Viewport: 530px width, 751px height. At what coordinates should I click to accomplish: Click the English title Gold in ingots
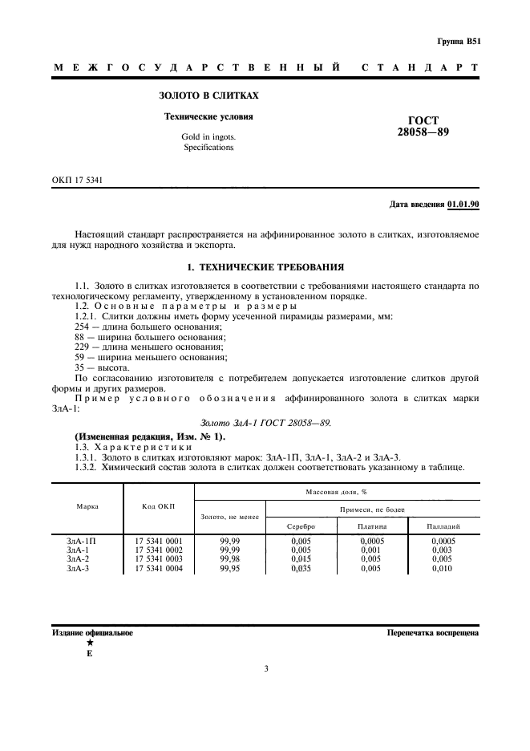point(208,137)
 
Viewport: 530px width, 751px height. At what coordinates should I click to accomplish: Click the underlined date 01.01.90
point(463,205)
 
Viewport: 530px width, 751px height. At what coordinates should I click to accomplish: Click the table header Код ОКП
point(159,507)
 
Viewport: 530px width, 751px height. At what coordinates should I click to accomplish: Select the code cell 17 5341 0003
point(159,558)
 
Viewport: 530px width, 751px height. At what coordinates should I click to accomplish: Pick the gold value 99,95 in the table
point(231,568)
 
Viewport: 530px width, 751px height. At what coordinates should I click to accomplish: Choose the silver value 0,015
point(301,558)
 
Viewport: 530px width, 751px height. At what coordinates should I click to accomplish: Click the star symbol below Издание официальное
point(89,643)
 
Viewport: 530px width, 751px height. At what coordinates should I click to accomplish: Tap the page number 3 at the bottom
point(265,689)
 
